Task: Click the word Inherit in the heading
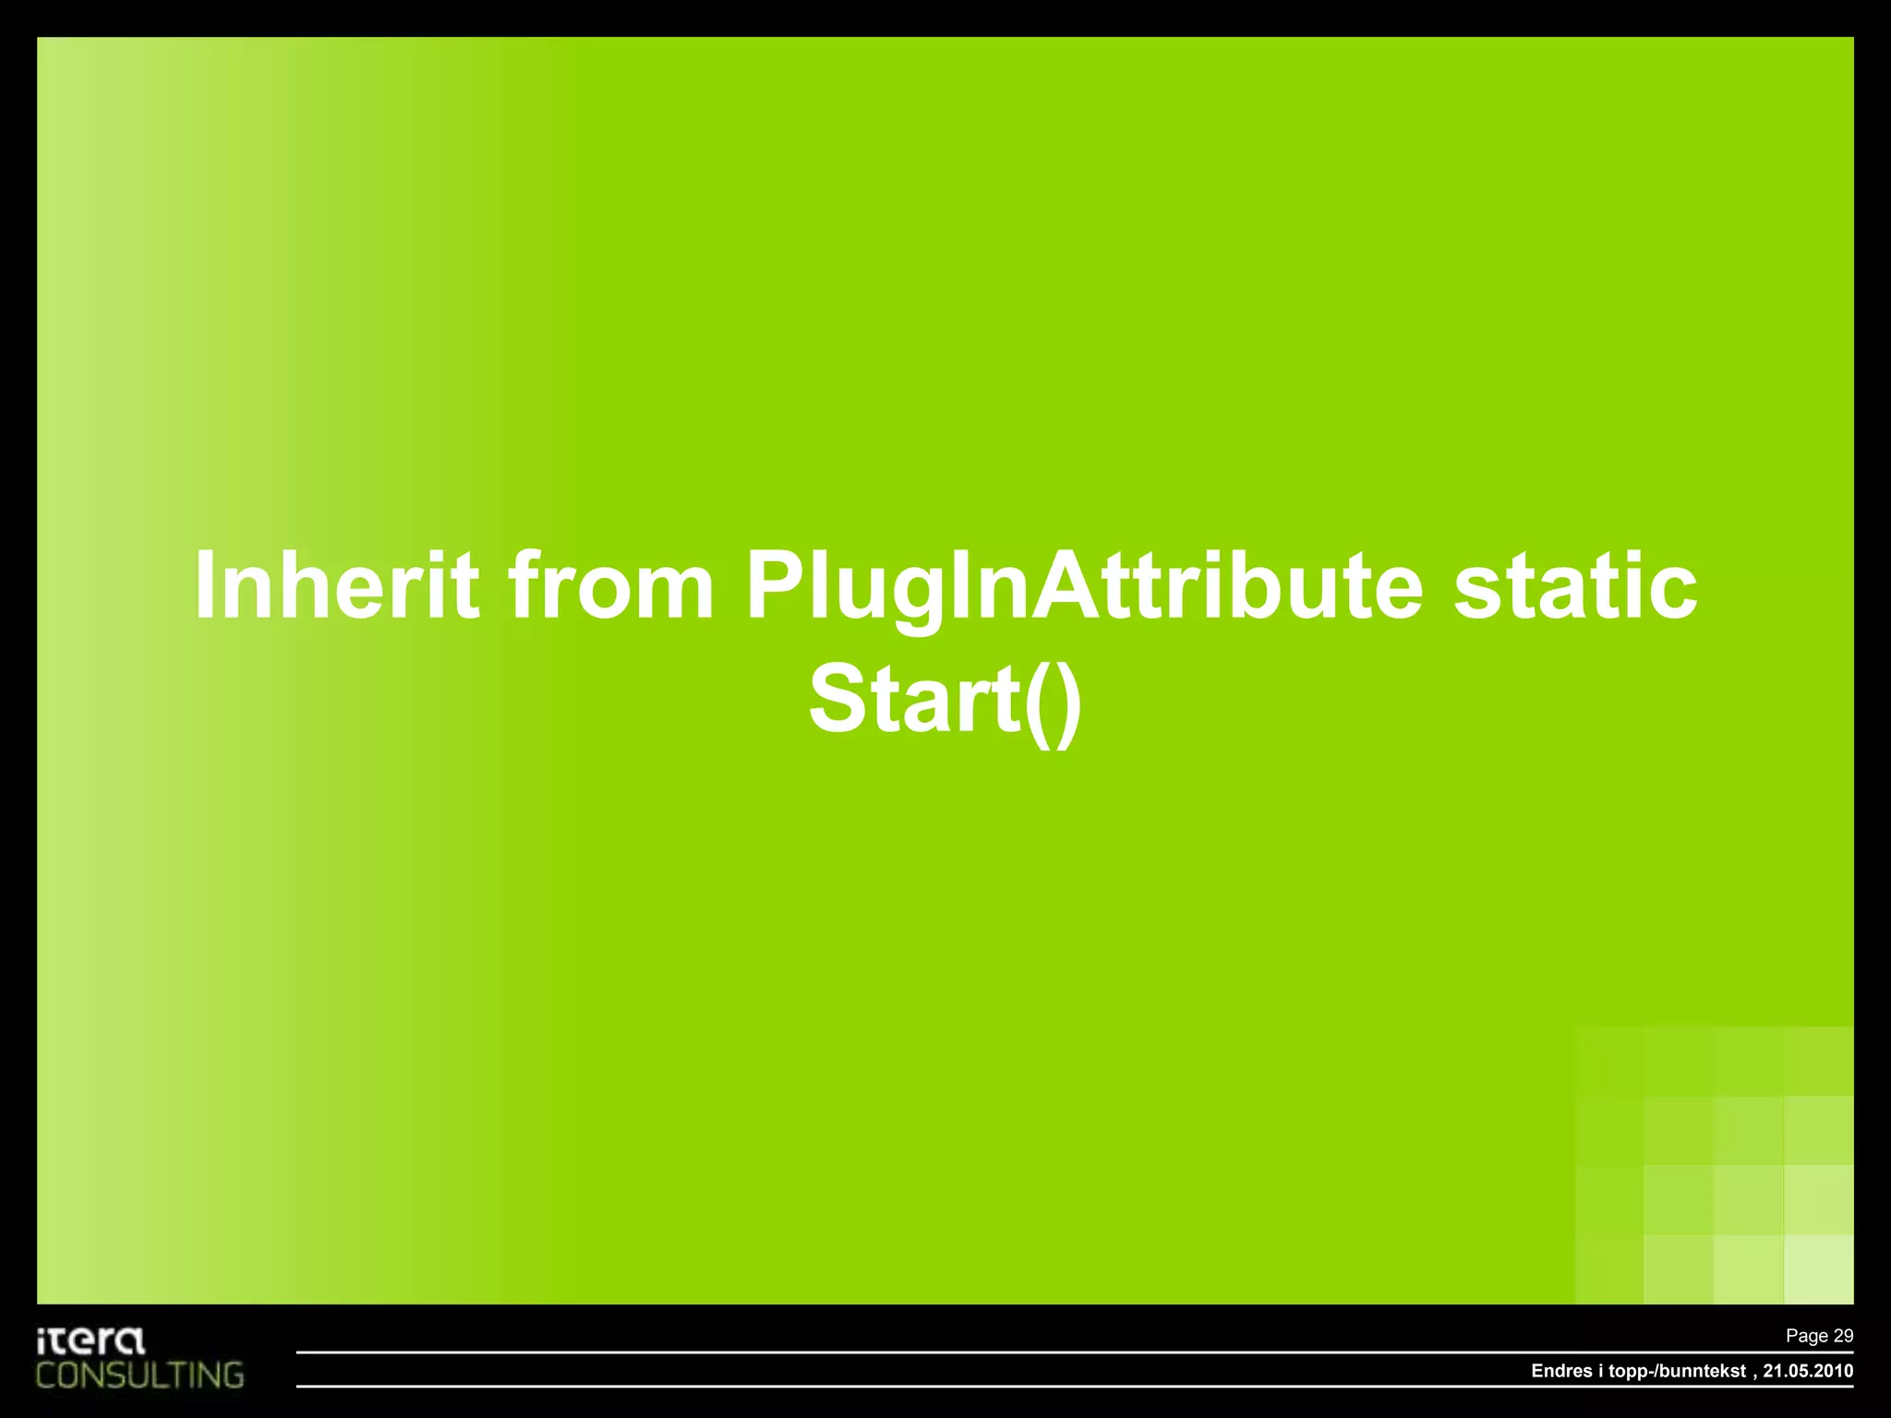[336, 585]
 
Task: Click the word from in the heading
[611, 585]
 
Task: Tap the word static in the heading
[1575, 585]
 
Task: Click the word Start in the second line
[913, 699]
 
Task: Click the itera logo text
[90, 1340]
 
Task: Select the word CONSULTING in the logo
[139, 1376]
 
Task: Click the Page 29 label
[1818, 1336]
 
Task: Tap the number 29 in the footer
[1842, 1336]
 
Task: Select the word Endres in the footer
[1561, 1371]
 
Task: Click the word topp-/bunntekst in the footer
[1677, 1371]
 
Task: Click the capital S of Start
[837, 699]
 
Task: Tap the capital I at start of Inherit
[204, 585]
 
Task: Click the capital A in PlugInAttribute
[1066, 585]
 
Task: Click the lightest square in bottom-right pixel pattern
[1818, 1269]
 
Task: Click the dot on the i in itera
[42, 1331]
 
